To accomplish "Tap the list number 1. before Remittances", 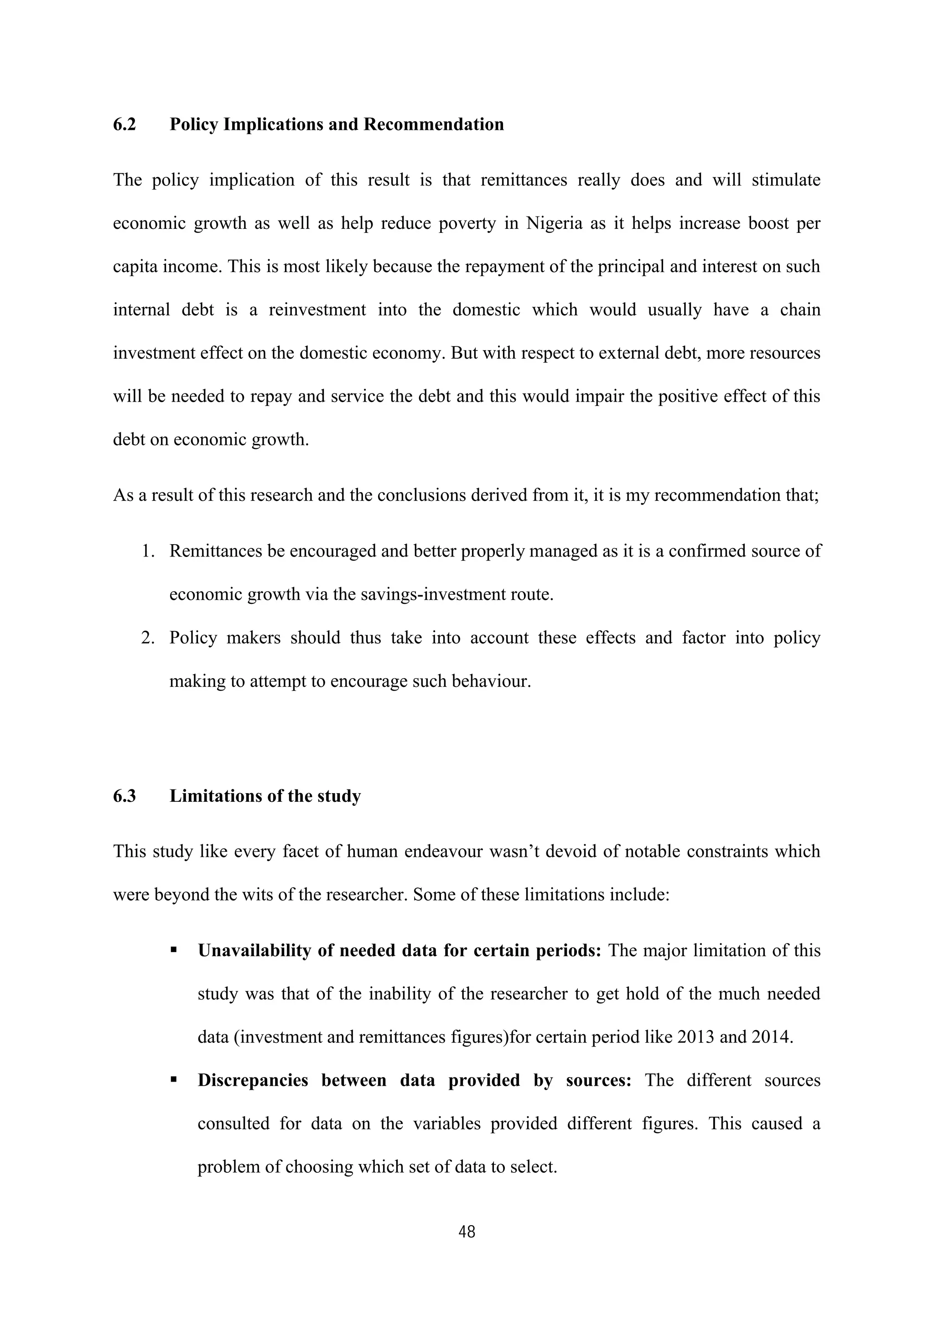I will click(148, 552).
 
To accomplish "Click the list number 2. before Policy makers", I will click(148, 638).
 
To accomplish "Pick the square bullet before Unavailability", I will click(173, 950).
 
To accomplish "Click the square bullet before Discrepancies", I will click(173, 1080).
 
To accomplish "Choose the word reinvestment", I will click(317, 310).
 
